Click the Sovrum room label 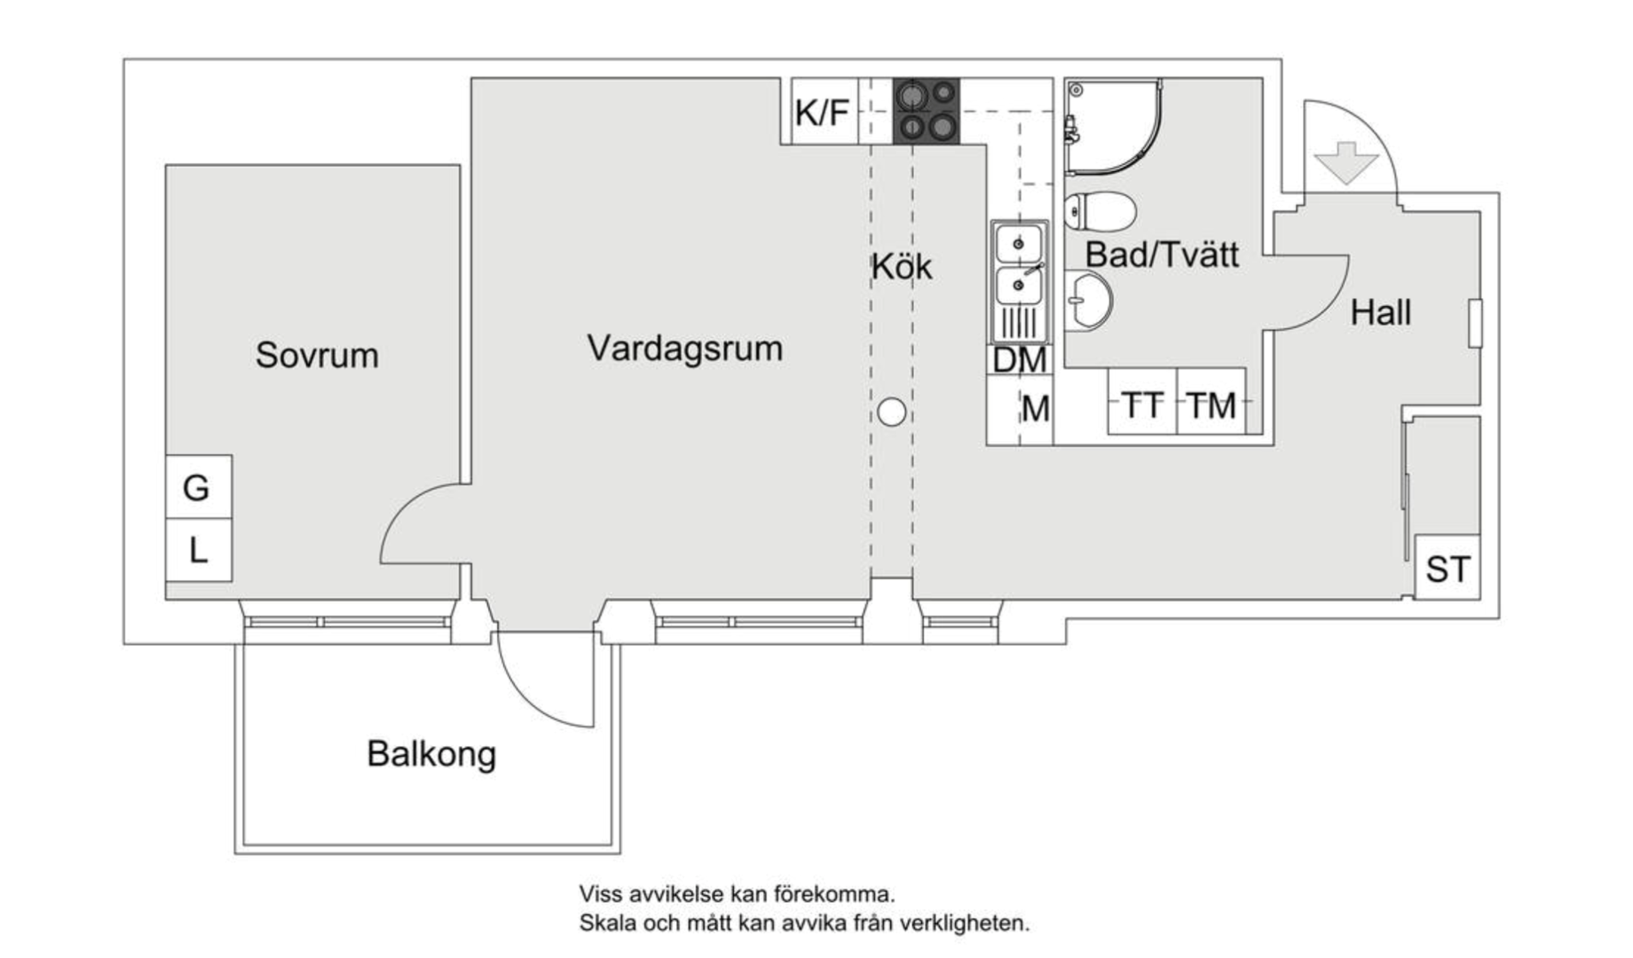point(317,355)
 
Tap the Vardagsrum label point(684,348)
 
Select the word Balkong point(431,754)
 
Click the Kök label point(901,266)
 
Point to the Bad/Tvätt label point(1161,255)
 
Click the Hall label point(1380,312)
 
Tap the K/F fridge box point(824,112)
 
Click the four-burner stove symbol point(926,111)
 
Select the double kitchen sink point(1019,280)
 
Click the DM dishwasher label point(1019,360)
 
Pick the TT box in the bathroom point(1142,404)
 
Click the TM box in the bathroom point(1211,404)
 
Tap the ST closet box point(1447,568)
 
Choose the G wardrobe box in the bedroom point(197,487)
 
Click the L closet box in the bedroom point(198,551)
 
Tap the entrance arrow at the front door point(1346,162)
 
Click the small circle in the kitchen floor point(891,412)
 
